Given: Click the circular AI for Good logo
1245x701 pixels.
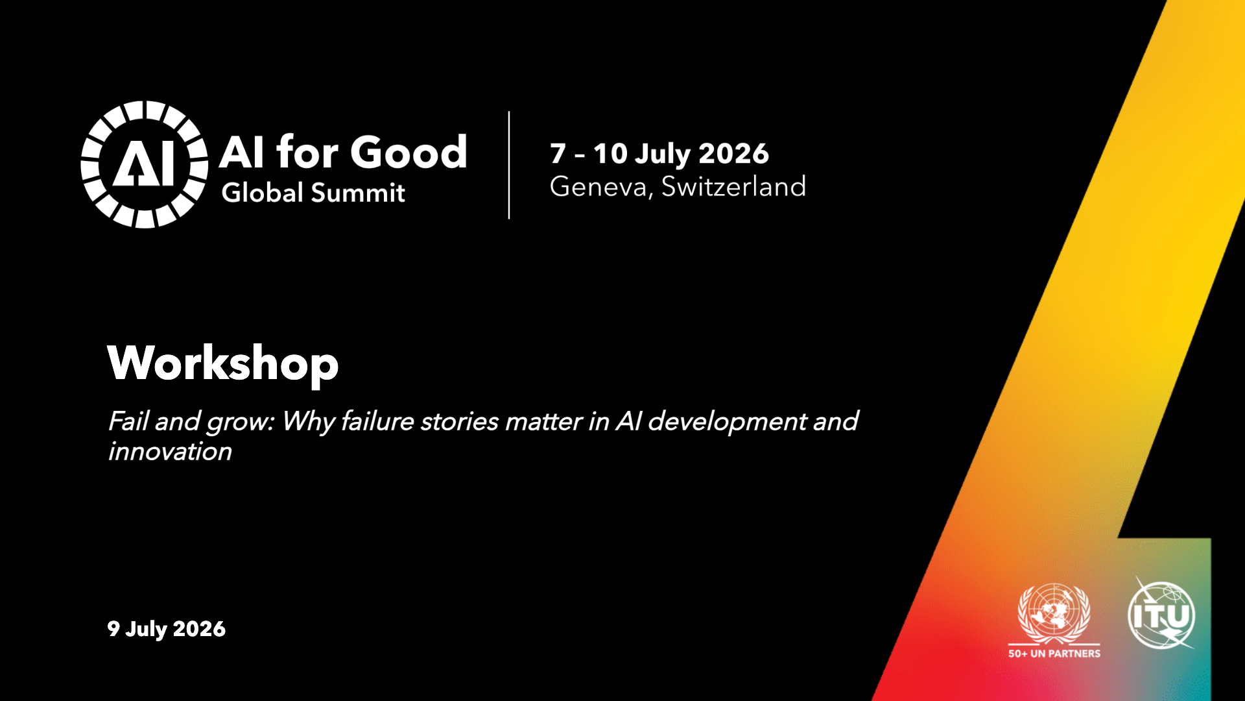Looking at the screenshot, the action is click(x=144, y=164).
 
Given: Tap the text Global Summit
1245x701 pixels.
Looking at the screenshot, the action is click(x=313, y=193).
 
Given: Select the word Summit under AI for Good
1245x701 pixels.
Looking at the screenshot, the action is click(x=359, y=193).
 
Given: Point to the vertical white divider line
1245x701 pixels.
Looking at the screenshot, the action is click(x=509, y=165).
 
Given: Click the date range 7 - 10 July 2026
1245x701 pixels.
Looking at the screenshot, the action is click(x=659, y=154).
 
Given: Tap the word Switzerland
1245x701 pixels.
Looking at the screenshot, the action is click(x=734, y=186).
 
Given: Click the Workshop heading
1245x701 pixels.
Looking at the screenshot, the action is click(x=223, y=363).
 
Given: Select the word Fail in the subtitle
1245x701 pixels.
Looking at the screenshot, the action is click(x=128, y=421).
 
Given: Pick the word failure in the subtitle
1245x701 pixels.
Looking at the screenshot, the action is click(x=377, y=421).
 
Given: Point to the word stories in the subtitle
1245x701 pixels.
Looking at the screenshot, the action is click(x=460, y=422).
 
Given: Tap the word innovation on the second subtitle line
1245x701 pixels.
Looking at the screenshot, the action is click(x=170, y=452).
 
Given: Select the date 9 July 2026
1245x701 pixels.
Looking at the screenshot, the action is click(x=167, y=629).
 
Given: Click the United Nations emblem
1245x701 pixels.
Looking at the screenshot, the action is click(x=1054, y=613).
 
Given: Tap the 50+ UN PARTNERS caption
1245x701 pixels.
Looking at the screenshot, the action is click(x=1054, y=654).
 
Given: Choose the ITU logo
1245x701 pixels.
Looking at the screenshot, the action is click(x=1161, y=615).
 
